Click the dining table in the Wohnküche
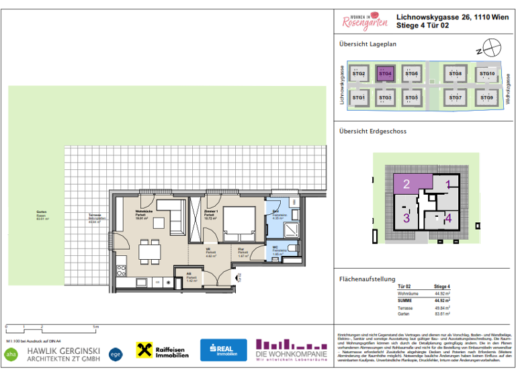(x=149, y=252)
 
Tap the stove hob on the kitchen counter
(x=121, y=271)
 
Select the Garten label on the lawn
(x=42, y=214)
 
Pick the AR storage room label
(x=191, y=275)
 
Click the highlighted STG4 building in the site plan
(x=385, y=75)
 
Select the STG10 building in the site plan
(x=486, y=75)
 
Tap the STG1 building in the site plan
(x=359, y=98)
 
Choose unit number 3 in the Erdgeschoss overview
(x=406, y=218)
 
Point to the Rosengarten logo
(x=364, y=21)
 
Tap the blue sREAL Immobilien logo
(x=223, y=350)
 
